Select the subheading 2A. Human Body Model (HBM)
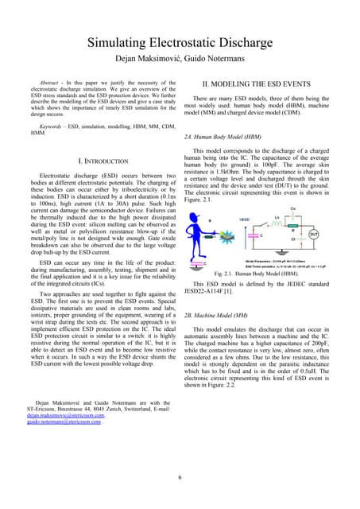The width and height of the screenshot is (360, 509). coord(227,138)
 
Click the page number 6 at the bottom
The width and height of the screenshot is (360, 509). coord(180,476)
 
